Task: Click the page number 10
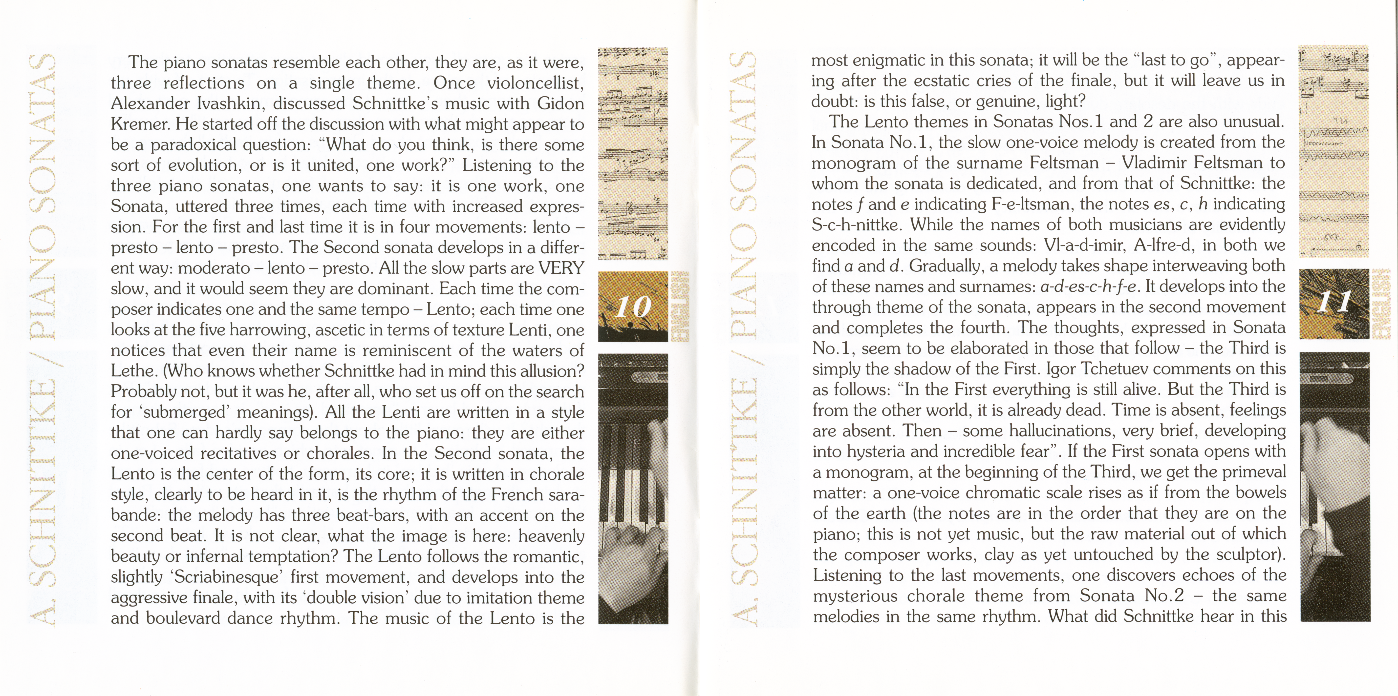[632, 307]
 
